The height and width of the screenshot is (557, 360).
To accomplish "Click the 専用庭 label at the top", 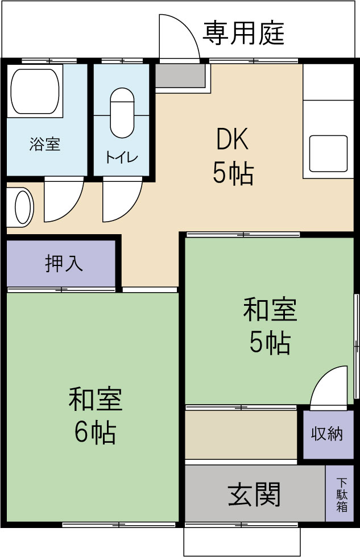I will (x=243, y=34).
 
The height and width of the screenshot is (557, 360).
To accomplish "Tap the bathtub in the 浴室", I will (x=35, y=92).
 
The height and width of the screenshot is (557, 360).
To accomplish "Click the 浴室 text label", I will (x=45, y=144).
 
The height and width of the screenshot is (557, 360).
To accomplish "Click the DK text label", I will (x=233, y=140).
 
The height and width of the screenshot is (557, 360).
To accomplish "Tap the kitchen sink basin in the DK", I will (x=328, y=153).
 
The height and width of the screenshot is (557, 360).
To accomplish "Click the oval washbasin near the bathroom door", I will (x=23, y=206).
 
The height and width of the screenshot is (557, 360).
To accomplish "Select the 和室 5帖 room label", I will (x=270, y=326).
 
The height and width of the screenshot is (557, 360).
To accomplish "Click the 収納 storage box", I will (x=327, y=434).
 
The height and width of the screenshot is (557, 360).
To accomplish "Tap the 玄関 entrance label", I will (x=254, y=494).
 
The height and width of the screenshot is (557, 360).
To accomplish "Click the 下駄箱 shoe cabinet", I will (x=341, y=494).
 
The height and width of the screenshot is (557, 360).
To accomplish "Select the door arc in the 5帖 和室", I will (x=330, y=386).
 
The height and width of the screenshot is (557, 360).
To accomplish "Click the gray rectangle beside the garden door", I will (x=180, y=76).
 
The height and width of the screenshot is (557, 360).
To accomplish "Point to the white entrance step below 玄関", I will (x=241, y=541).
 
